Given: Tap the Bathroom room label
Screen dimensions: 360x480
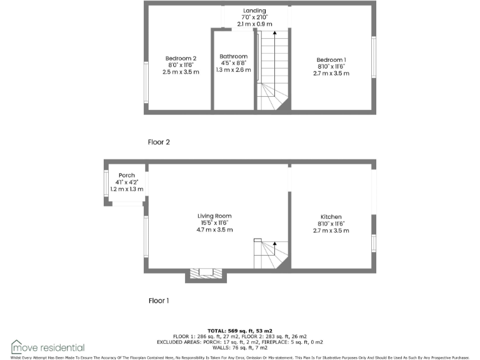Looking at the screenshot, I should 233,56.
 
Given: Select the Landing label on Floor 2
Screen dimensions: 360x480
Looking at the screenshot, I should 254,11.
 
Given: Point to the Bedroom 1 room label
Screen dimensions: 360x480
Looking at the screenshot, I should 331,59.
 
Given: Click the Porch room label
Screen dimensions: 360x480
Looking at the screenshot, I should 127,175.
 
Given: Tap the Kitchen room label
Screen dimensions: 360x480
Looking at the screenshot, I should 331,217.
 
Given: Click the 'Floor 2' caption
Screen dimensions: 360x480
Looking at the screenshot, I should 159,142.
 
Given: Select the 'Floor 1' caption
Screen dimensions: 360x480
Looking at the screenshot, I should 159,301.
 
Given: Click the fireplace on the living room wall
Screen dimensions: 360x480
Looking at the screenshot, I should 206,273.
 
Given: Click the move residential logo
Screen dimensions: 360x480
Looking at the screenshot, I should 47,347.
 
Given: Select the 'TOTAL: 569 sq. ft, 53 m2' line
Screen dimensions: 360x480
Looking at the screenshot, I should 240,331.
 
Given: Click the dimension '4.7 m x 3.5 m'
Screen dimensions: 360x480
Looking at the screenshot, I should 214,230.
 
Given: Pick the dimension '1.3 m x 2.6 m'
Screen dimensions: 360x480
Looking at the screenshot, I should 233,70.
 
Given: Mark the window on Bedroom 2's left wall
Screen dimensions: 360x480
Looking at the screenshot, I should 146,83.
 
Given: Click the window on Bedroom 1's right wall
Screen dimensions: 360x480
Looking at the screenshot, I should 374,57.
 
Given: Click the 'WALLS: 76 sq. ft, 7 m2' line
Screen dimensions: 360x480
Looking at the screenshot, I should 240,347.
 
